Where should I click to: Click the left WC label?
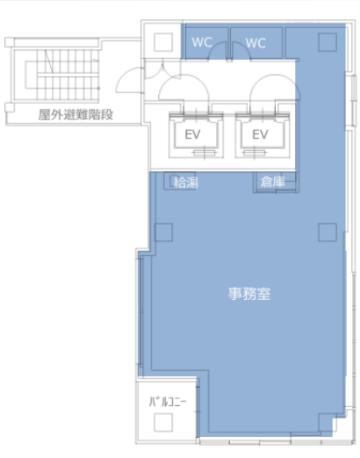click(x=202, y=42)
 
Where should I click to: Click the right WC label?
click(x=256, y=43)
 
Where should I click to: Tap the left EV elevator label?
click(x=192, y=134)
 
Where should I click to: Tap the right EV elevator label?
click(x=260, y=134)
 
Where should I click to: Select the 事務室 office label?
click(x=249, y=294)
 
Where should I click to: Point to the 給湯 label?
click(x=186, y=182)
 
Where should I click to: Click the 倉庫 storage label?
click(x=272, y=182)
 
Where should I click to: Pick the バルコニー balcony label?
click(x=168, y=402)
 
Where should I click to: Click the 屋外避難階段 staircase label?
click(x=76, y=115)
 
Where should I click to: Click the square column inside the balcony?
click(x=163, y=422)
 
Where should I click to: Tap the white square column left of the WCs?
click(x=163, y=42)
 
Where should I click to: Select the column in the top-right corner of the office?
click(x=328, y=42)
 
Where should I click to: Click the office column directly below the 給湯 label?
click(x=163, y=233)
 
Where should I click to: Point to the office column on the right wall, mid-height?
click(x=328, y=233)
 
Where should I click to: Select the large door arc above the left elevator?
click(x=184, y=75)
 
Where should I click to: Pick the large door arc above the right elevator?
click(x=275, y=75)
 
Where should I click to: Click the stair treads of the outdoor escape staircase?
click(x=68, y=75)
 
